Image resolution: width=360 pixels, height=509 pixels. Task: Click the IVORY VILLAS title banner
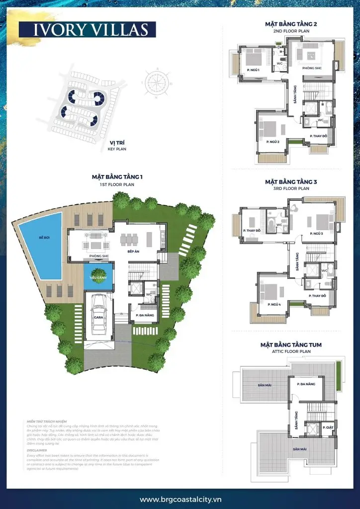[88, 29]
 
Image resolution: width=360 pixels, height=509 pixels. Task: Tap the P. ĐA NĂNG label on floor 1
[144, 315]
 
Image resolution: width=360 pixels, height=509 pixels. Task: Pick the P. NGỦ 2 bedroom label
[272, 142]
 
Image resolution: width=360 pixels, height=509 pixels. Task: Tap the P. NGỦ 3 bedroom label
[316, 233]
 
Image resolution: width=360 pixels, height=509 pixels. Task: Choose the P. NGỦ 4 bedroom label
[273, 304]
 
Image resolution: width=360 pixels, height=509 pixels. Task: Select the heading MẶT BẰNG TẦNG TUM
[291, 344]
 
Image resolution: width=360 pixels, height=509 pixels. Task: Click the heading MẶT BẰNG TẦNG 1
[117, 176]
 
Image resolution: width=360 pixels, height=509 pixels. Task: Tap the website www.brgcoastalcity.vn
[180, 499]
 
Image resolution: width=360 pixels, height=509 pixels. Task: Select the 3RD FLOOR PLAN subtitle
[291, 189]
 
